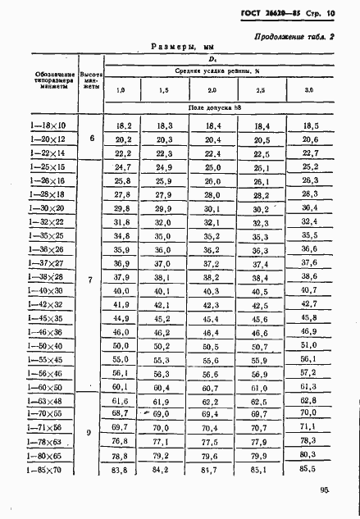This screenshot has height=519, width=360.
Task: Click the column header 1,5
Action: [x=163, y=89]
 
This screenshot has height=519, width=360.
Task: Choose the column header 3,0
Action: [x=308, y=89]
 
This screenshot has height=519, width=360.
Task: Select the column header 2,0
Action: [x=212, y=89]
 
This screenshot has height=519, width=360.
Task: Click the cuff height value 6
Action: [x=92, y=139]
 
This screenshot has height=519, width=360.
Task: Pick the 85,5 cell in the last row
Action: [x=310, y=470]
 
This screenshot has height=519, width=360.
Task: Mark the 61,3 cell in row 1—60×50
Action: [x=308, y=386]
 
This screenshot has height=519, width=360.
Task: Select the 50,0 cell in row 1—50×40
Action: [x=122, y=346]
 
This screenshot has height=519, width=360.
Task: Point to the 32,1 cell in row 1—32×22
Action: [x=212, y=222]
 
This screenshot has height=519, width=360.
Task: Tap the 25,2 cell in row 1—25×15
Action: [x=309, y=166]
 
